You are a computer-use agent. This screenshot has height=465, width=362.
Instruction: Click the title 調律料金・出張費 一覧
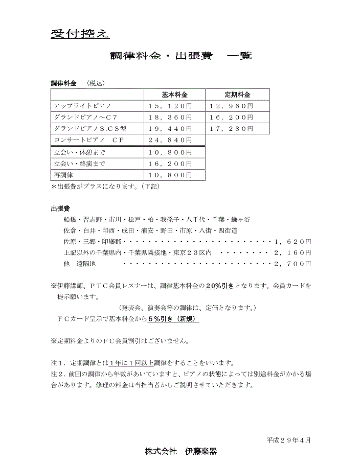[180, 56]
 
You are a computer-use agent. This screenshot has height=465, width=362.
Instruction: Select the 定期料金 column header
[237, 95]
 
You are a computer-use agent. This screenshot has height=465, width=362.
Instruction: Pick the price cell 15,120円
[170, 106]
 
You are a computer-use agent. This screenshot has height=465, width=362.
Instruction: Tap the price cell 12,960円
[232, 106]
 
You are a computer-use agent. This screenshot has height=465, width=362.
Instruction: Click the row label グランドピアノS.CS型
[90, 129]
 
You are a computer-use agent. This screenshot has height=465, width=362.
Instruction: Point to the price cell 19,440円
[170, 129]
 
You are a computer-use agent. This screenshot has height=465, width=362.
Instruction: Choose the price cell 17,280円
[232, 129]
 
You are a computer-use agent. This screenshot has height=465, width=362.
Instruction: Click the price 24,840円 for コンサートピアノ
[170, 140]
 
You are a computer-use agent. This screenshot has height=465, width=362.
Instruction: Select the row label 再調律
[64, 175]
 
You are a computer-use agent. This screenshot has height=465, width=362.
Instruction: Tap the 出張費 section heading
[60, 209]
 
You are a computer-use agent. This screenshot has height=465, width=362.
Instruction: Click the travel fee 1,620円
[292, 242]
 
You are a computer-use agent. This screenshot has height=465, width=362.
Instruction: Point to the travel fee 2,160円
[292, 253]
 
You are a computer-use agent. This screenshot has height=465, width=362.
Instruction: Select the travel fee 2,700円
[292, 264]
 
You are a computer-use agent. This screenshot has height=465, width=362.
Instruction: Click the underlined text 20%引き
[219, 286]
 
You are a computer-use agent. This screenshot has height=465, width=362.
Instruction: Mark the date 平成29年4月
[288, 439]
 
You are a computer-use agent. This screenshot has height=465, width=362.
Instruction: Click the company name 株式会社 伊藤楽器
[180, 451]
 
